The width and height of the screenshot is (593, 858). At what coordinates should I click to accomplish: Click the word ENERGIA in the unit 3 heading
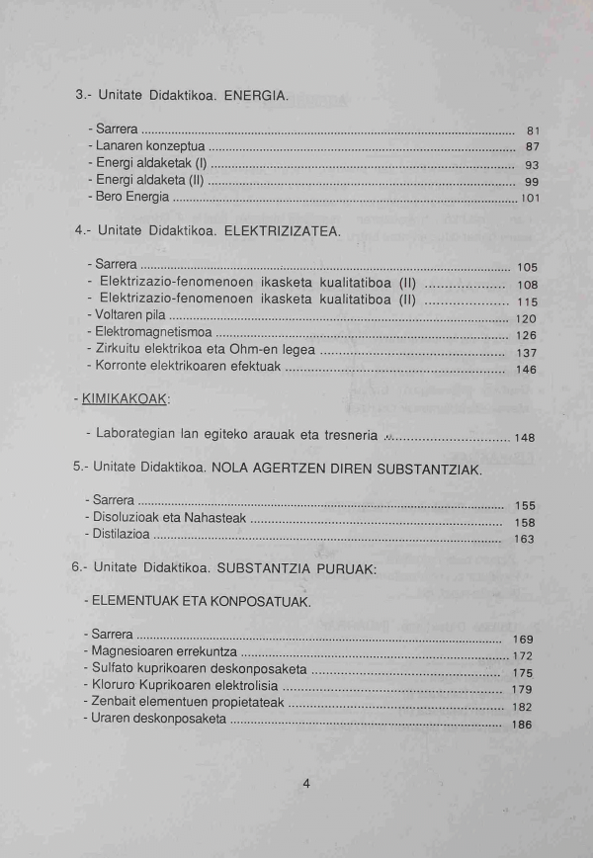click(x=256, y=96)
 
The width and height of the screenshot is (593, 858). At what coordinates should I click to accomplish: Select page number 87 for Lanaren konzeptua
click(x=532, y=147)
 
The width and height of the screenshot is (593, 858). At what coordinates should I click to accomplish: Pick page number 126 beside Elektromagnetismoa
click(x=527, y=335)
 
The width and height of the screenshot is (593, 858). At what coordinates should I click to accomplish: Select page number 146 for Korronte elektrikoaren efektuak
click(x=527, y=370)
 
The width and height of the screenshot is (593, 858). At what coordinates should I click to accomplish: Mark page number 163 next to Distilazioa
click(x=524, y=539)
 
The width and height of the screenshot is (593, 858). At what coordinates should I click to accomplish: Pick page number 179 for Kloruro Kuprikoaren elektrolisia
click(x=523, y=689)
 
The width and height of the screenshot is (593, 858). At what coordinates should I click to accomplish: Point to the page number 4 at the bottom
click(x=306, y=784)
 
